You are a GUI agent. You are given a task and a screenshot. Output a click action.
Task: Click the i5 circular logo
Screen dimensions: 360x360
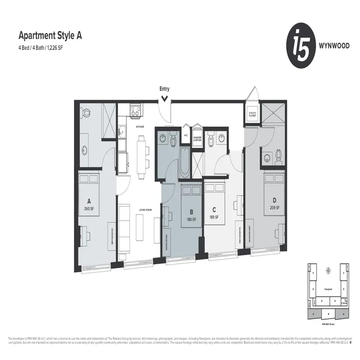pos(299,46)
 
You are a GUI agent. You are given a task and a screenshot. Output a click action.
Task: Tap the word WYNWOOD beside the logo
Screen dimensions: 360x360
pos(331,46)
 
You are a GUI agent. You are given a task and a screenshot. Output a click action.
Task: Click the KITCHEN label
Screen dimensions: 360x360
pos(140,127)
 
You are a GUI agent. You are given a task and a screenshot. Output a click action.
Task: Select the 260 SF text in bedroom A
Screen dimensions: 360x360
pos(88,208)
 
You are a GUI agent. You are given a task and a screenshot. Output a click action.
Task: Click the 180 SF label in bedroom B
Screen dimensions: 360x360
pos(192,219)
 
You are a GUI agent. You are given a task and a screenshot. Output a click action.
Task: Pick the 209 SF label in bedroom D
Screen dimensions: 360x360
pos(274,207)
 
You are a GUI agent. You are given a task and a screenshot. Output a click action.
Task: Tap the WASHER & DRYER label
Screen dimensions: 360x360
pos(198,139)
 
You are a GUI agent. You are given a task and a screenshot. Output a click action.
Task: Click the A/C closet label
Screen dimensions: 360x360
pos(186,135)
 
